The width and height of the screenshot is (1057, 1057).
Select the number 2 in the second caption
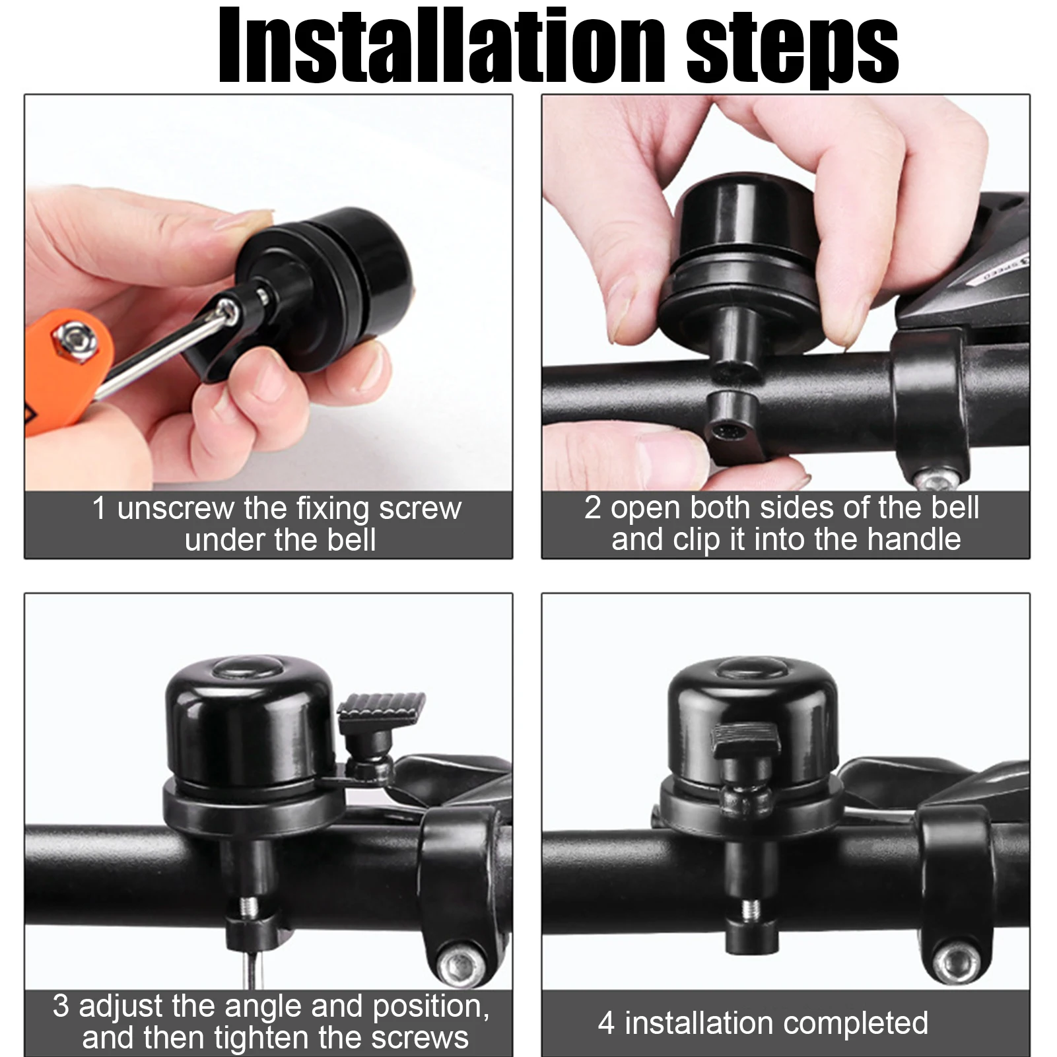coord(592,508)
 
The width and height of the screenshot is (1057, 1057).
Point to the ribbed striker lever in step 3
coord(381,708)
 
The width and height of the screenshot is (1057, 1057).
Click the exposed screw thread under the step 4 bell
coord(750,911)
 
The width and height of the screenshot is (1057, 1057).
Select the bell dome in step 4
coord(753,720)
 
